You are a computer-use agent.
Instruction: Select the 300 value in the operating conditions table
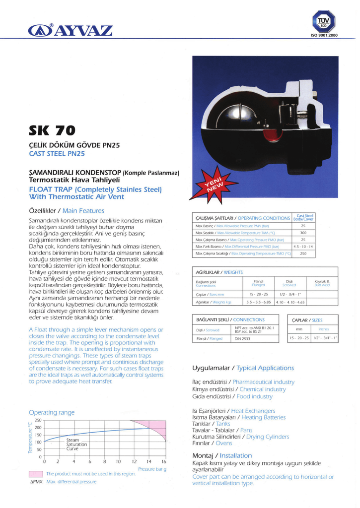click(303, 232)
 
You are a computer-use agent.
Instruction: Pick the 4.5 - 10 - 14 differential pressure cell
click(303, 246)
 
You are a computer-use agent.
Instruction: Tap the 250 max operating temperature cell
click(303, 253)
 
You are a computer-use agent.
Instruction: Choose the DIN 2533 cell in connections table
click(242, 339)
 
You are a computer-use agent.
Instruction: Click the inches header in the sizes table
click(324, 328)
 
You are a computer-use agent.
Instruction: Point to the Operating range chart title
click(52, 412)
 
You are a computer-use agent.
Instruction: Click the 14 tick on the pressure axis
click(148, 462)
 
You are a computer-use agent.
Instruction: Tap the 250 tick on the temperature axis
click(37, 421)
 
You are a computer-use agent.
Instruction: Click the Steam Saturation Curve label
click(76, 444)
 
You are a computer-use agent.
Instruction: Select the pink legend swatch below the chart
click(36, 474)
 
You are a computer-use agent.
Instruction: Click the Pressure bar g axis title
click(151, 469)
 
